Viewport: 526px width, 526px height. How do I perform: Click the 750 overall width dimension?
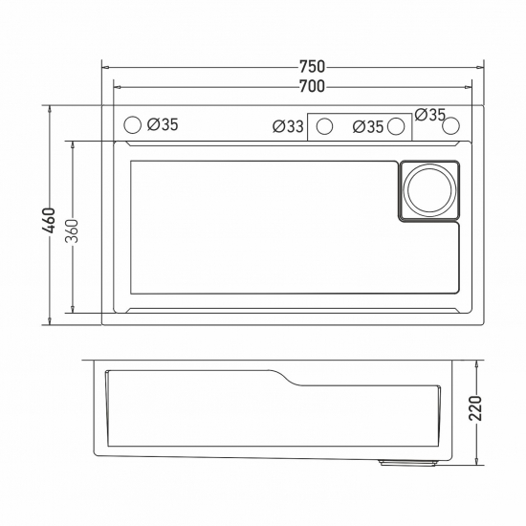click(x=312, y=67)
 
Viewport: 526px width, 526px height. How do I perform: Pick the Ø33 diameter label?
click(x=288, y=126)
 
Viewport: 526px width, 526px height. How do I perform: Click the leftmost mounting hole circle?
click(x=134, y=124)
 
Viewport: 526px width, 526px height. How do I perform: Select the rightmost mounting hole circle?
click(x=451, y=125)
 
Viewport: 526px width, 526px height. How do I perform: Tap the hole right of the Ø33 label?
click(x=325, y=126)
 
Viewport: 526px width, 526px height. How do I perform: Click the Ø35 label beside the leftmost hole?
click(x=164, y=124)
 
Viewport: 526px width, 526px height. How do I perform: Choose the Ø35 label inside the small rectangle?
click(x=368, y=126)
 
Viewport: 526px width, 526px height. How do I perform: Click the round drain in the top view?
click(x=427, y=189)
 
